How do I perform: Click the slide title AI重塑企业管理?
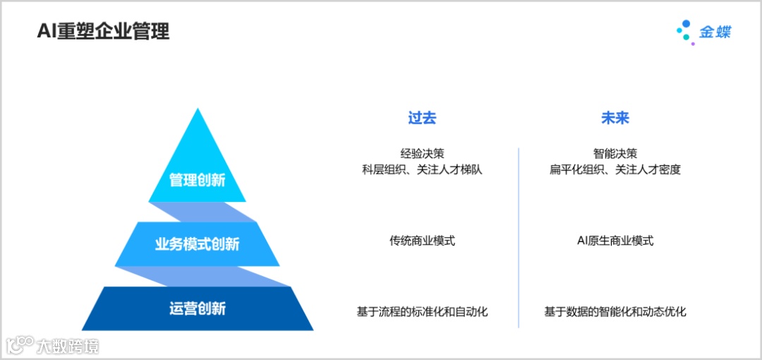coord(103,32)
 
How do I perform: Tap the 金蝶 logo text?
coord(715,32)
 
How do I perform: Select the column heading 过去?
coord(422,118)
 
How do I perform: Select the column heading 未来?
coord(615,118)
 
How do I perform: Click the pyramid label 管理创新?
coord(197,180)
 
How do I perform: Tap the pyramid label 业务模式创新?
coord(197,244)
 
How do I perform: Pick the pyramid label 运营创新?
coord(197,308)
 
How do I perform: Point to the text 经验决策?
coord(422,153)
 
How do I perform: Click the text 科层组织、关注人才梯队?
coord(422,169)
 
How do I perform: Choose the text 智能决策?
coord(615,153)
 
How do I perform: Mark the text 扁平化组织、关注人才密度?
coord(615,169)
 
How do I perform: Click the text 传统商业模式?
coord(422,241)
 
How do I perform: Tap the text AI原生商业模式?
coord(615,241)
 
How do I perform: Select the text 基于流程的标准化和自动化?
coord(422,311)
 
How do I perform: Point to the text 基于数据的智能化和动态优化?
coord(615,311)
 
